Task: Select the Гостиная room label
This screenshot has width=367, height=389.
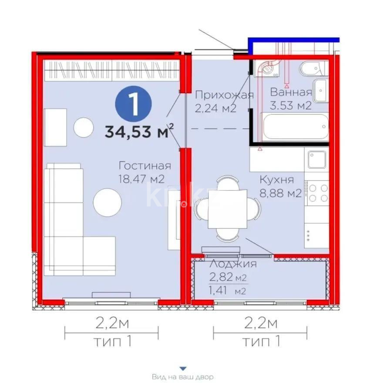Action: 145,166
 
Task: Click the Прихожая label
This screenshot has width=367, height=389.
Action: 223,95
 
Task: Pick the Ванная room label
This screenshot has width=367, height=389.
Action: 291,92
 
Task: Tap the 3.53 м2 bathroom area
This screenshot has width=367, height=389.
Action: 291,106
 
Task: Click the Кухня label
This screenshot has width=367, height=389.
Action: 276,179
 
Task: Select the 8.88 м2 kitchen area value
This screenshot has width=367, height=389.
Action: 280,193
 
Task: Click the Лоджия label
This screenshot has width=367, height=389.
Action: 233,264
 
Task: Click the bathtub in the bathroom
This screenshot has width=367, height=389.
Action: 295,126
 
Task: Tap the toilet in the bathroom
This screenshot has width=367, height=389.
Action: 312,68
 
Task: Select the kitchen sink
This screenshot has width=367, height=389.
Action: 317,160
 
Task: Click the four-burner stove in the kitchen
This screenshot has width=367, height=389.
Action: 317,192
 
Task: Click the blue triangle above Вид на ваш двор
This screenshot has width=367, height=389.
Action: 183,368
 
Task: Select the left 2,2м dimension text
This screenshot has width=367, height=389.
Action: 111,323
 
